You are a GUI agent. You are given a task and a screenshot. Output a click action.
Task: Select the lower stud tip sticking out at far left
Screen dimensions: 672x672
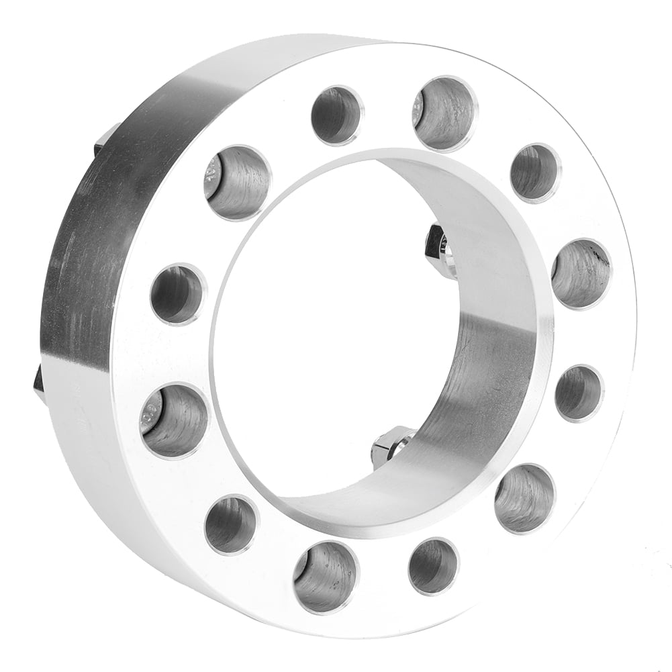39,385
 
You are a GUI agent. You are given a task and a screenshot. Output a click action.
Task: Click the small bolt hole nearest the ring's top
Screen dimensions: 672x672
337,115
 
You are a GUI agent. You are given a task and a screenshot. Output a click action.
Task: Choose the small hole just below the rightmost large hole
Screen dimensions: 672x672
579,393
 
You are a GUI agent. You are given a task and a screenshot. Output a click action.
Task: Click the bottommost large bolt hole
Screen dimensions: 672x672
326,577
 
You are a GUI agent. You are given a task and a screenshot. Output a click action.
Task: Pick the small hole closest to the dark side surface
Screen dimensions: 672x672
178,294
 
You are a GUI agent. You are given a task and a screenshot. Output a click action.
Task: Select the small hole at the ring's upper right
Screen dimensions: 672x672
535,173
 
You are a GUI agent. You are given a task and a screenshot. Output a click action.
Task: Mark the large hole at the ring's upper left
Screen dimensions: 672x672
238,182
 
